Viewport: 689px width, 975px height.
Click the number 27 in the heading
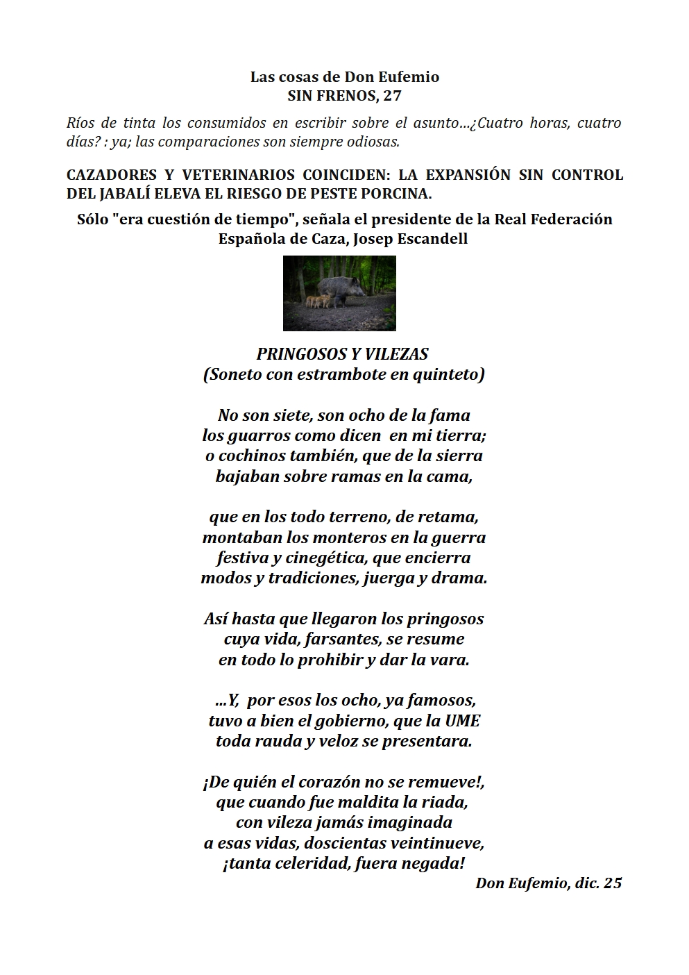392,96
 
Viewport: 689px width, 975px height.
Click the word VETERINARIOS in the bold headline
236,174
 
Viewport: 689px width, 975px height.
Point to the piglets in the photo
317,301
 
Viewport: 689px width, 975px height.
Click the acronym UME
463,721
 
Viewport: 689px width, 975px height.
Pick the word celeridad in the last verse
313,863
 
